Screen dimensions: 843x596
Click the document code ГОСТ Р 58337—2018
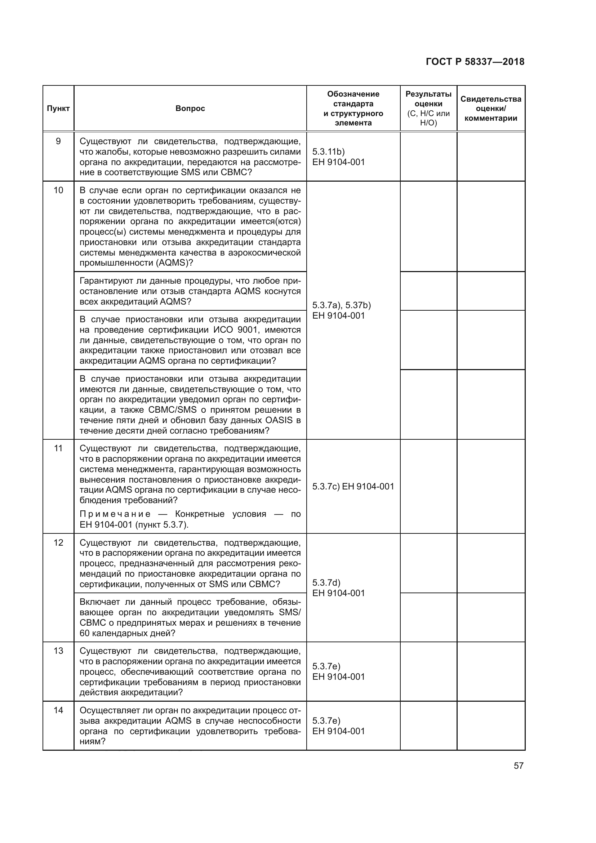475,62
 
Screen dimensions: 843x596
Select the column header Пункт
58,109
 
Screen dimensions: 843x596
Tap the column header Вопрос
190,109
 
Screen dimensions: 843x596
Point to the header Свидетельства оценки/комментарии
491,109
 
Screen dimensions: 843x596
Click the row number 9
58,141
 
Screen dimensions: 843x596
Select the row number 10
58,190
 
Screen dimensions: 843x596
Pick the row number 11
58,448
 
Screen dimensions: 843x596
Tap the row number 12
58,543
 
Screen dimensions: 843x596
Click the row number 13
58,651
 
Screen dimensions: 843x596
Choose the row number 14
58,710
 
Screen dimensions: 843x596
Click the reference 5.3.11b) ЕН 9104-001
338,157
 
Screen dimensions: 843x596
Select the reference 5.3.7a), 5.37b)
341,305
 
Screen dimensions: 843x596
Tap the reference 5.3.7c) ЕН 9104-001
353,487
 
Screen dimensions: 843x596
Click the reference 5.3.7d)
326,583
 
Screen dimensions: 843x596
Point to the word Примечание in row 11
115,514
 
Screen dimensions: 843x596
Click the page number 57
519,766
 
